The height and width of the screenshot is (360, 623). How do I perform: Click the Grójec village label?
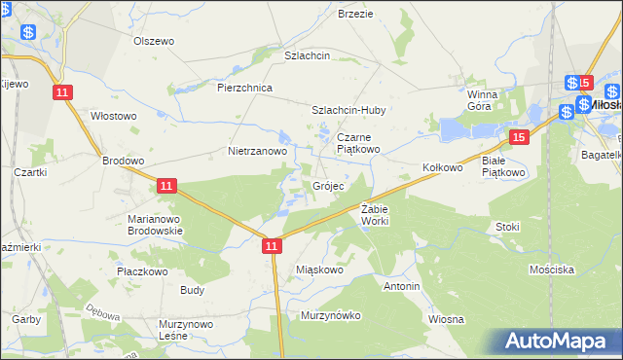pyautogui.click(x=327, y=185)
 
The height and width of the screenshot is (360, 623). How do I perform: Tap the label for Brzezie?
pyautogui.click(x=355, y=15)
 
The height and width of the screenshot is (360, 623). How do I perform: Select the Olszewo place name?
pyautogui.click(x=153, y=41)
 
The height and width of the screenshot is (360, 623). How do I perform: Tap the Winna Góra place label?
pyautogui.click(x=482, y=100)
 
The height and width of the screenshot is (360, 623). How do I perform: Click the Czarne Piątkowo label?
pyautogui.click(x=359, y=144)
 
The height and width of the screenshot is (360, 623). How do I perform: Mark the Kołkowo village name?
pyautogui.click(x=442, y=167)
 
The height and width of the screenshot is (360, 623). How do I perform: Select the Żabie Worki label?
pyautogui.click(x=375, y=215)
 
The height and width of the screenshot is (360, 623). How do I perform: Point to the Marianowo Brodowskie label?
pyautogui.click(x=155, y=225)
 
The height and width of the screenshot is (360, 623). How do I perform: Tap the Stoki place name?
pyautogui.click(x=507, y=227)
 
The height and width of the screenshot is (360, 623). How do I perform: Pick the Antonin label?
pyautogui.click(x=402, y=287)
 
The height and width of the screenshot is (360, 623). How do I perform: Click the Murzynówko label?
pyautogui.click(x=331, y=315)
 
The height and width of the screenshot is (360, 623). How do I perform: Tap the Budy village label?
pyautogui.click(x=192, y=290)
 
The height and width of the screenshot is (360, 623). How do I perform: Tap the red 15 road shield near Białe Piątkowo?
pyautogui.click(x=521, y=138)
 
